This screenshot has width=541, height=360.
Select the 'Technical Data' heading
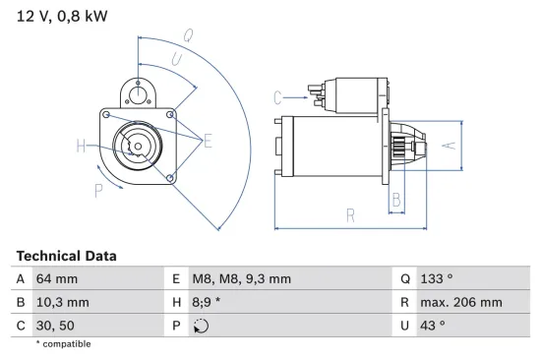click(66, 256)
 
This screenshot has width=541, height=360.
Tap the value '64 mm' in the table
click(57, 279)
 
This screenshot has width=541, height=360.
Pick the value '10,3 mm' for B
click(63, 303)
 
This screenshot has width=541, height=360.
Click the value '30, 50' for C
click(56, 326)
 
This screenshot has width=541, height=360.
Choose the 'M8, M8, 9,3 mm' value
click(242, 279)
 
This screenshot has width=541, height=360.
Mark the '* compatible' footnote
click(63, 344)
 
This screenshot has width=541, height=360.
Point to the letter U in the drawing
click(176, 60)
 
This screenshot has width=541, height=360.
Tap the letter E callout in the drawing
click(208, 142)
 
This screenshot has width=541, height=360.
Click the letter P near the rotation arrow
click(98, 189)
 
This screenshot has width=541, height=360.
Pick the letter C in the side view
click(278, 96)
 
